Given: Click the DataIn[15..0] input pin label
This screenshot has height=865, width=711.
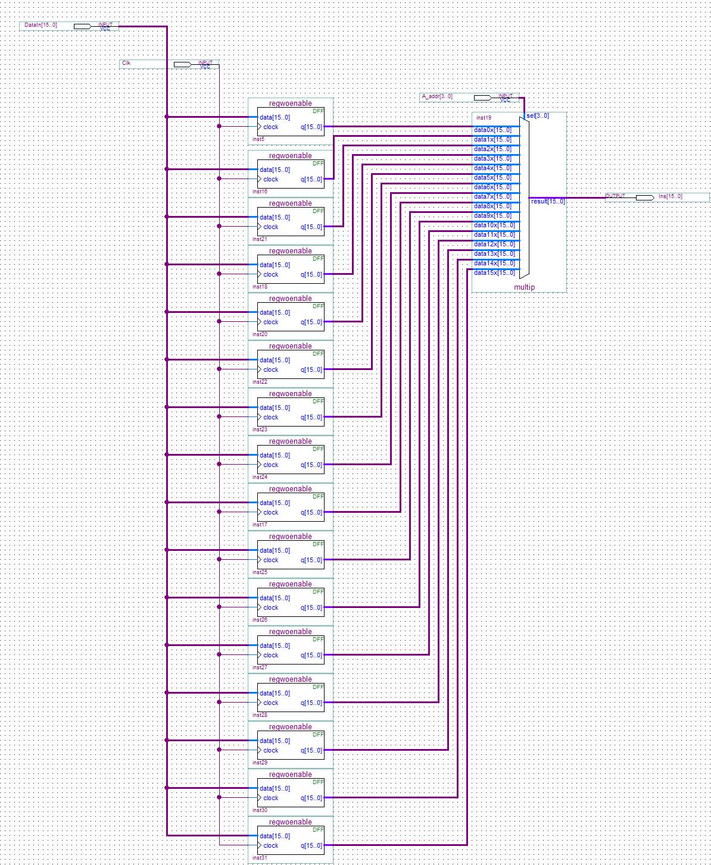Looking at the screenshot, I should [x=41, y=25].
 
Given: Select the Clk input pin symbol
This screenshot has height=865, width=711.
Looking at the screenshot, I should [x=182, y=64].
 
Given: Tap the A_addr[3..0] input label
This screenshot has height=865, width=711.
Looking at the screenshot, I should [x=437, y=96].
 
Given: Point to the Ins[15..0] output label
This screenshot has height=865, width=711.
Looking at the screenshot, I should [x=671, y=196].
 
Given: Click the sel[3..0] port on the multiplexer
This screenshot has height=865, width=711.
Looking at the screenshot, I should [x=538, y=115].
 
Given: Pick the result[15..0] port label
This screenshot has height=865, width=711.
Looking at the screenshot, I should [x=548, y=201].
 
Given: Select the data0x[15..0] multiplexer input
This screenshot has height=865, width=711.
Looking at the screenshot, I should [x=492, y=130].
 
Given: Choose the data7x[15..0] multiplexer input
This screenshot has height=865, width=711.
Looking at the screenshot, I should [x=492, y=196].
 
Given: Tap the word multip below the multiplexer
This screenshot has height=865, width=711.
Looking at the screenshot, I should [x=525, y=287].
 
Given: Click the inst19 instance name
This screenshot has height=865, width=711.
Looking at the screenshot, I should [x=484, y=118].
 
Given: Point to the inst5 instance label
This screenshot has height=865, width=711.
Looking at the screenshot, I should [x=258, y=139].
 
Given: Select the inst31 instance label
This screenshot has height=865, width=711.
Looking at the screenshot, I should [x=260, y=858].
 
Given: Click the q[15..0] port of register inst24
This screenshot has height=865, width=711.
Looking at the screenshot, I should [x=311, y=465].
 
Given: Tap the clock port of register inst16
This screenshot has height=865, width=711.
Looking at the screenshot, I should [x=270, y=179].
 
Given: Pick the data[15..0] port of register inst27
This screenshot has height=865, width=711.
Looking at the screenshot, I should [x=275, y=645].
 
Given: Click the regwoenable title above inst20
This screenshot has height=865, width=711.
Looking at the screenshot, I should [x=290, y=299].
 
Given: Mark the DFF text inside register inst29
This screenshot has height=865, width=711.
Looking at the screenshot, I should [x=318, y=734].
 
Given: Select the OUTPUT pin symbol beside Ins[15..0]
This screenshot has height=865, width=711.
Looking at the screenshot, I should [x=644, y=198].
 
